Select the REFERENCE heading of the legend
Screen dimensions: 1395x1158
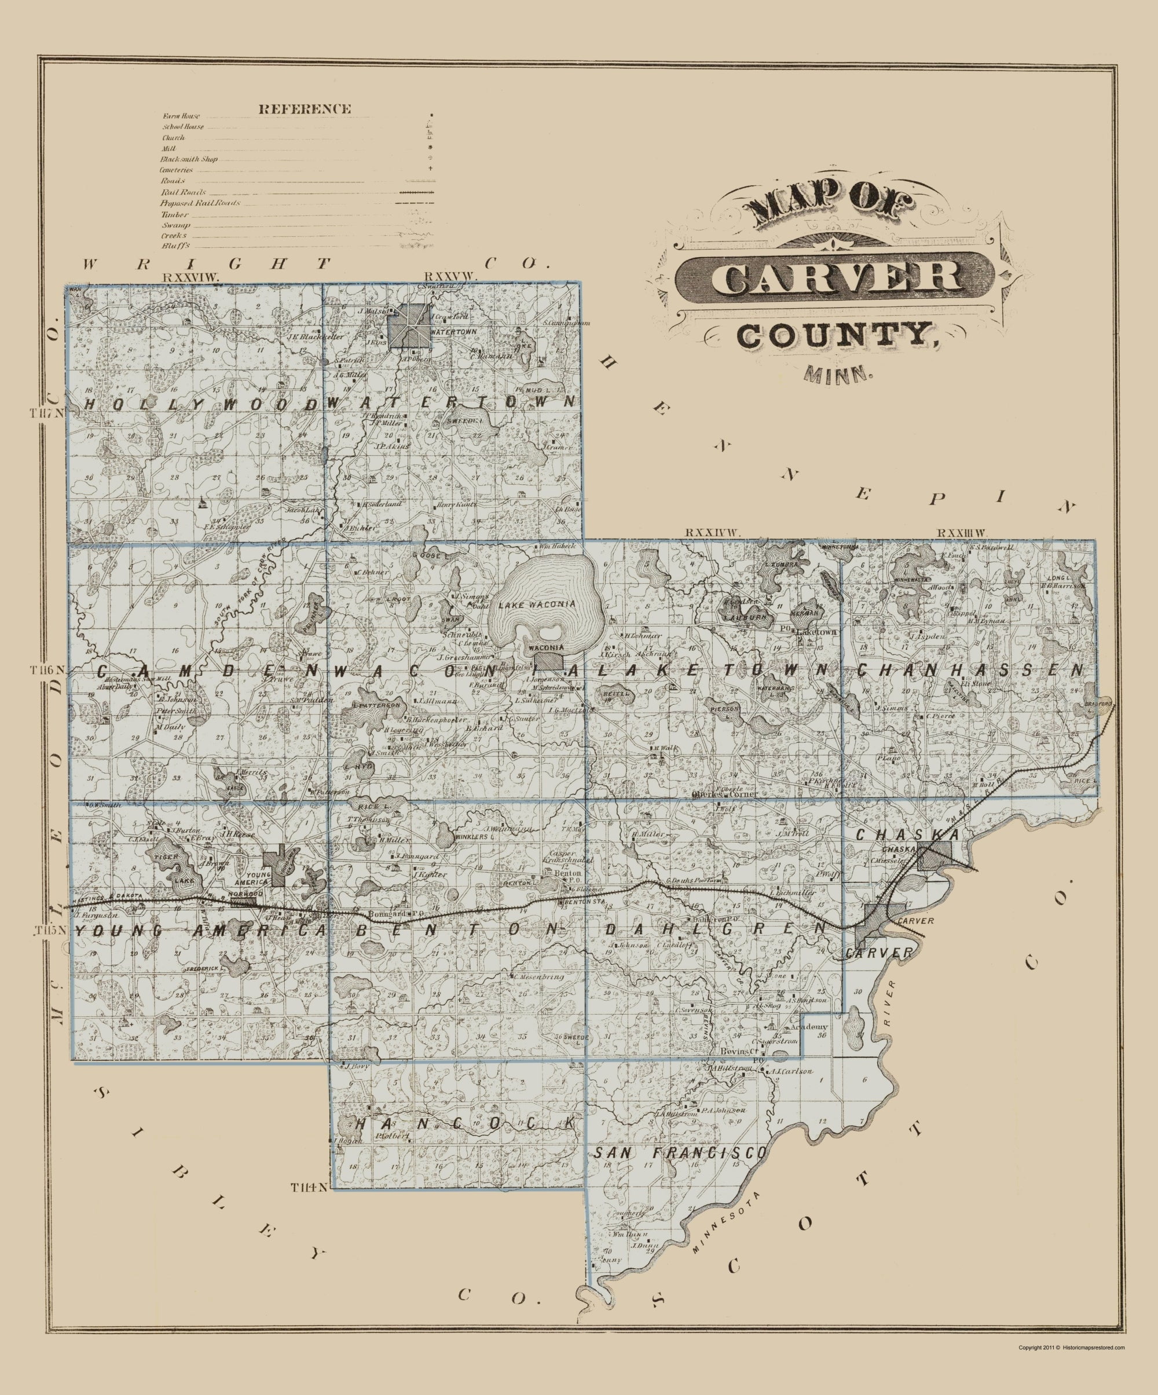pyautogui.click(x=305, y=109)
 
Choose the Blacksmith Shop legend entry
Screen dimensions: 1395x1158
pyautogui.click(x=189, y=159)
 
